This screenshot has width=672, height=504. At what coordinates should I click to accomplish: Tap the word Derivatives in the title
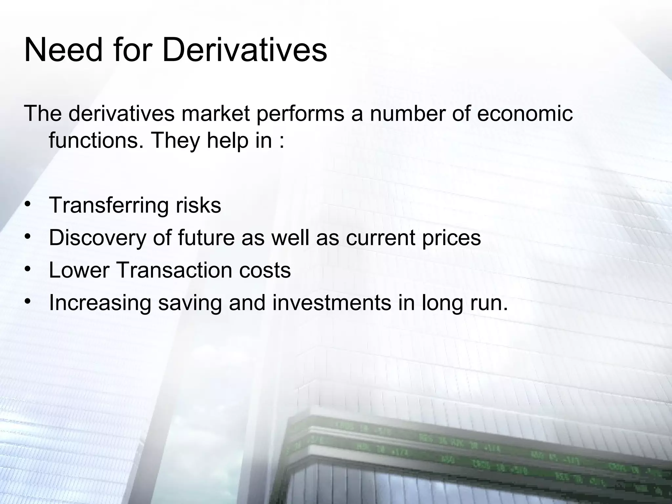244,51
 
